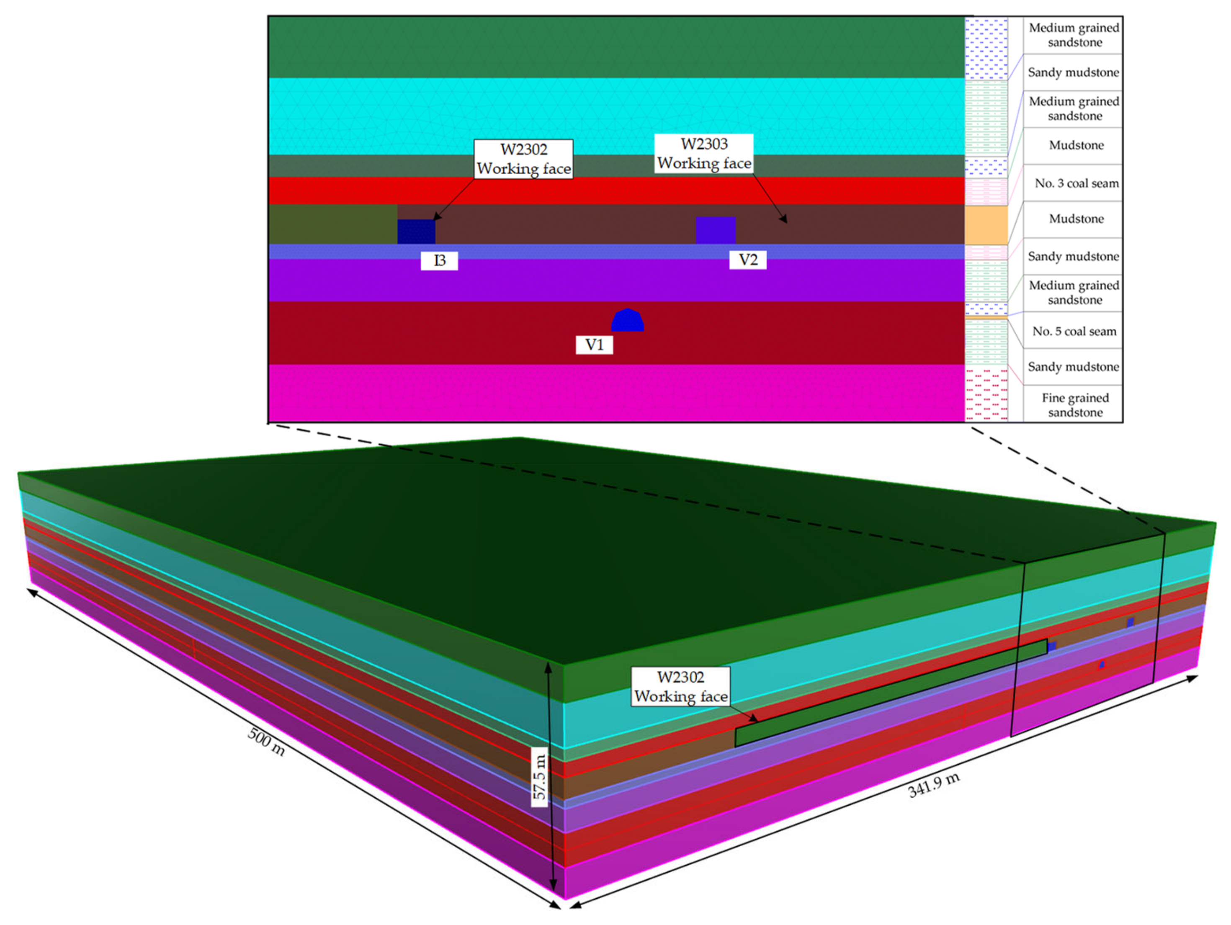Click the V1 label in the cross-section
594,345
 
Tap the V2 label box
748,260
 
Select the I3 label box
439,260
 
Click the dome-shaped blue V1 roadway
628,321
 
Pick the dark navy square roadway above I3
416,232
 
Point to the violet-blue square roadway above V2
716,230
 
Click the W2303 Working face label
704,154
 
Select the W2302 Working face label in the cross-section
524,159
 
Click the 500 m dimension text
266,742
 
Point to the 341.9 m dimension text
933,785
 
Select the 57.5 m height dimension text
539,776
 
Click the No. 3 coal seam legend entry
1076,183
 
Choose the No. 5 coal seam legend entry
1074,331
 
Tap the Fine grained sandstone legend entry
1075,405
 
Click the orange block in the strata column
986,225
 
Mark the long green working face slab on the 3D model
891,693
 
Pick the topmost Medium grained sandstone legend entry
1074,34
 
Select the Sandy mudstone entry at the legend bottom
1073,367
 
